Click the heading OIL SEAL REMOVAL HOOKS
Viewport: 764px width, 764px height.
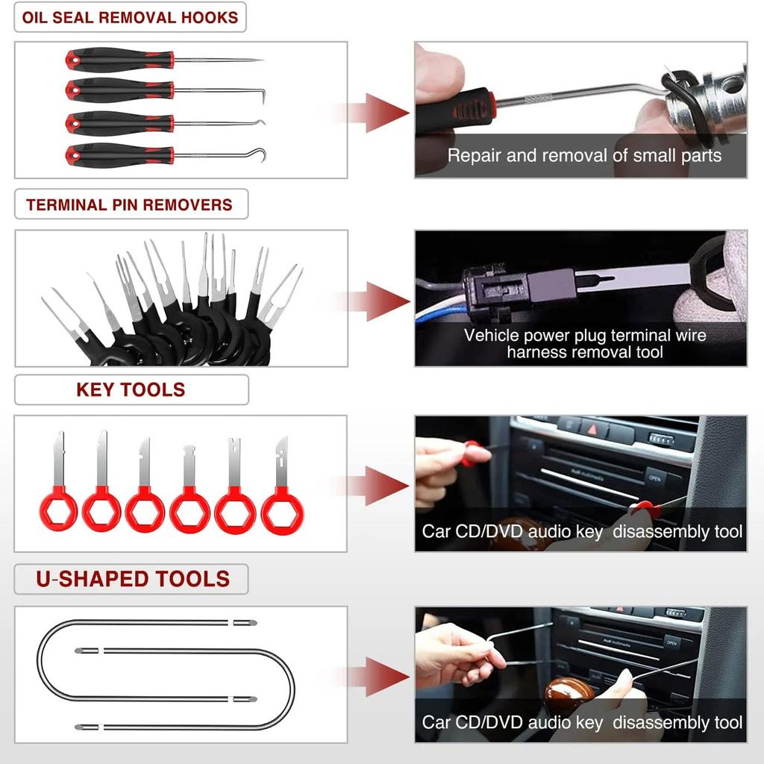pos(130,18)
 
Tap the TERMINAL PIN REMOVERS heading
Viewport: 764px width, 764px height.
pos(130,204)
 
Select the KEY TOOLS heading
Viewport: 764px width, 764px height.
pos(131,389)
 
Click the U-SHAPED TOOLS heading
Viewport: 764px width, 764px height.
pos(133,579)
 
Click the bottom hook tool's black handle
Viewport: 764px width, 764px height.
pos(119,155)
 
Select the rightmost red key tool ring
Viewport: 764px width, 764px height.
pos(282,510)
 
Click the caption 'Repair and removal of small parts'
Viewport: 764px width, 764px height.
pos(584,156)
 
